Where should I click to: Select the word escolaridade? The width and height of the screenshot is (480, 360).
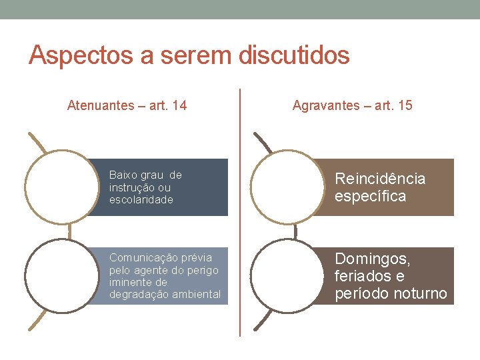(141, 199)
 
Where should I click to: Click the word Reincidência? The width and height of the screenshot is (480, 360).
(380, 179)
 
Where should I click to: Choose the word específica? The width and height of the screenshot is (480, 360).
(370, 197)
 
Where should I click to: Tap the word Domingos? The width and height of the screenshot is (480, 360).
(373, 258)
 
